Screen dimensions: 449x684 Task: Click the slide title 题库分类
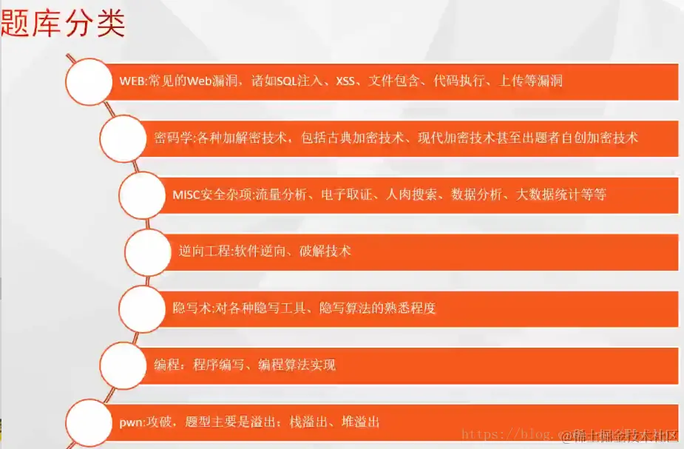64,24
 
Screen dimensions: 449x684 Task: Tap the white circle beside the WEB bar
91,80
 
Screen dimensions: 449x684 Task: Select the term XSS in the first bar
345,81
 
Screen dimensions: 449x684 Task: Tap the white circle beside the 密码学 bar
124,138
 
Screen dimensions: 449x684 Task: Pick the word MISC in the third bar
186,195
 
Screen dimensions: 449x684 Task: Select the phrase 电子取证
356,195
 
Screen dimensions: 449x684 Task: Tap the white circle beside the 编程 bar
123,365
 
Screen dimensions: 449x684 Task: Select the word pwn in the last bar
130,422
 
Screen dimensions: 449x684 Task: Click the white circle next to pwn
90,422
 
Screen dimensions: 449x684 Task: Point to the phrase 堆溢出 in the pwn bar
361,422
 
